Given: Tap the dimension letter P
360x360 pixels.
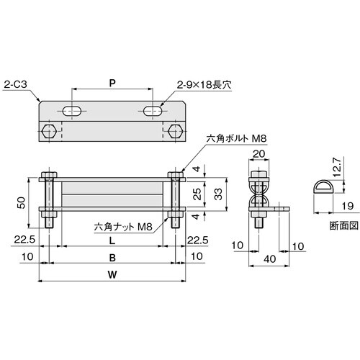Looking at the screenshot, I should (112, 83).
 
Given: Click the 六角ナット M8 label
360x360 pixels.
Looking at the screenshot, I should (123, 227).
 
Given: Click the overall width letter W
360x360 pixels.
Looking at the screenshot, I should (109, 274).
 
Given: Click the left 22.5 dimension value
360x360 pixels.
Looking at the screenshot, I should (27, 240).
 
